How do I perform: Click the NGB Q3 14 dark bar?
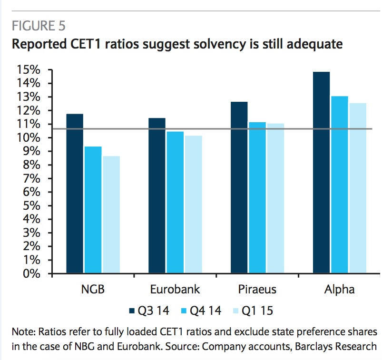[75, 194]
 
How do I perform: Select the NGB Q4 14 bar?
[93, 210]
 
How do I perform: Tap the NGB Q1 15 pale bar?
[111, 214]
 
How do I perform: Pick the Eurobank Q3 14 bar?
[157, 195]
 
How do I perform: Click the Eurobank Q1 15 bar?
[194, 204]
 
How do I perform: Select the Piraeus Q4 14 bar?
[257, 197]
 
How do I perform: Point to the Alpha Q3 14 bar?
[321, 173]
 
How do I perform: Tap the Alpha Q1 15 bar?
[358, 188]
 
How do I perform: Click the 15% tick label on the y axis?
[28, 70]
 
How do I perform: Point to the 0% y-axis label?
[32, 274]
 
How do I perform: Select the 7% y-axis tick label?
[32, 179]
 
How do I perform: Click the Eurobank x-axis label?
[175, 289]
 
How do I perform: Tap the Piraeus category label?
[257, 289]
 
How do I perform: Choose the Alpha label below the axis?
[339, 290]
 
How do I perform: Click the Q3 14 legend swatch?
[132, 311]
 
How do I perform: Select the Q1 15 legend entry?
[253, 311]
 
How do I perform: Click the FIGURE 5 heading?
[39, 26]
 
